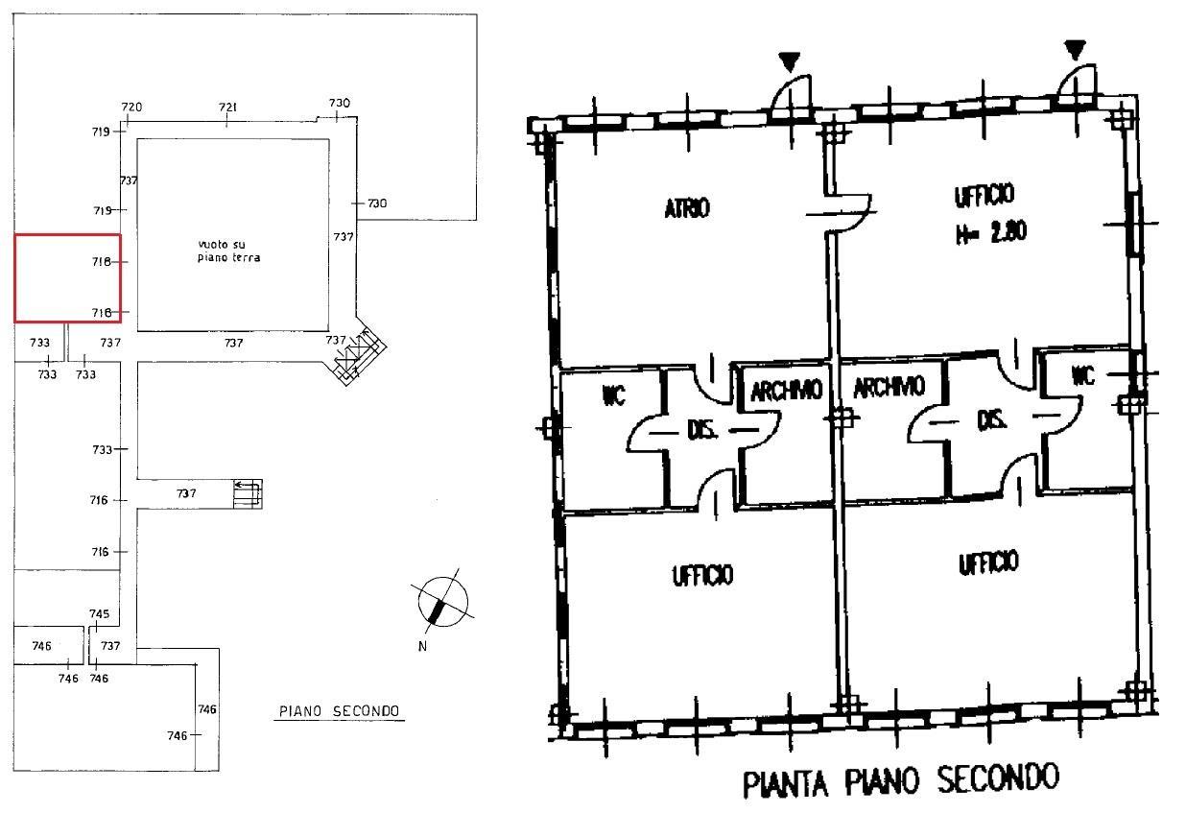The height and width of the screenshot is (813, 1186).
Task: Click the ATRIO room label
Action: click(x=687, y=207)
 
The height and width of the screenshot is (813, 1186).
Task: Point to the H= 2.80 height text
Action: click(x=990, y=233)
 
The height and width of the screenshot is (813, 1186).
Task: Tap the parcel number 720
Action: click(x=131, y=107)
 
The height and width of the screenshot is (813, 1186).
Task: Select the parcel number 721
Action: click(x=227, y=107)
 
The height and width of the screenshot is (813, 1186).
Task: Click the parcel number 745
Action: click(x=100, y=614)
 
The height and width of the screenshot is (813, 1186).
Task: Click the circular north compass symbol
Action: click(x=442, y=601)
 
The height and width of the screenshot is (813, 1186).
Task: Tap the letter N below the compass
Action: click(x=422, y=646)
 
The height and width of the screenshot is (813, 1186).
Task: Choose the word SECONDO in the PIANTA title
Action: click(x=998, y=778)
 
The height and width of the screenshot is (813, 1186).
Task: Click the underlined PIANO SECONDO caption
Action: click(x=340, y=711)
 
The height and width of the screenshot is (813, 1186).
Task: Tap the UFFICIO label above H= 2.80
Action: click(x=984, y=195)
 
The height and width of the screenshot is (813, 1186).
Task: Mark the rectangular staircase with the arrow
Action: click(x=248, y=494)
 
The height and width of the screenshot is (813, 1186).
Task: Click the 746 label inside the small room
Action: click(x=42, y=646)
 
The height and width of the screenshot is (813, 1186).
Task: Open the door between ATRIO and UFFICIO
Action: click(x=846, y=213)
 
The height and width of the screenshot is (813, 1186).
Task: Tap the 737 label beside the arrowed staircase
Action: click(x=186, y=493)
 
